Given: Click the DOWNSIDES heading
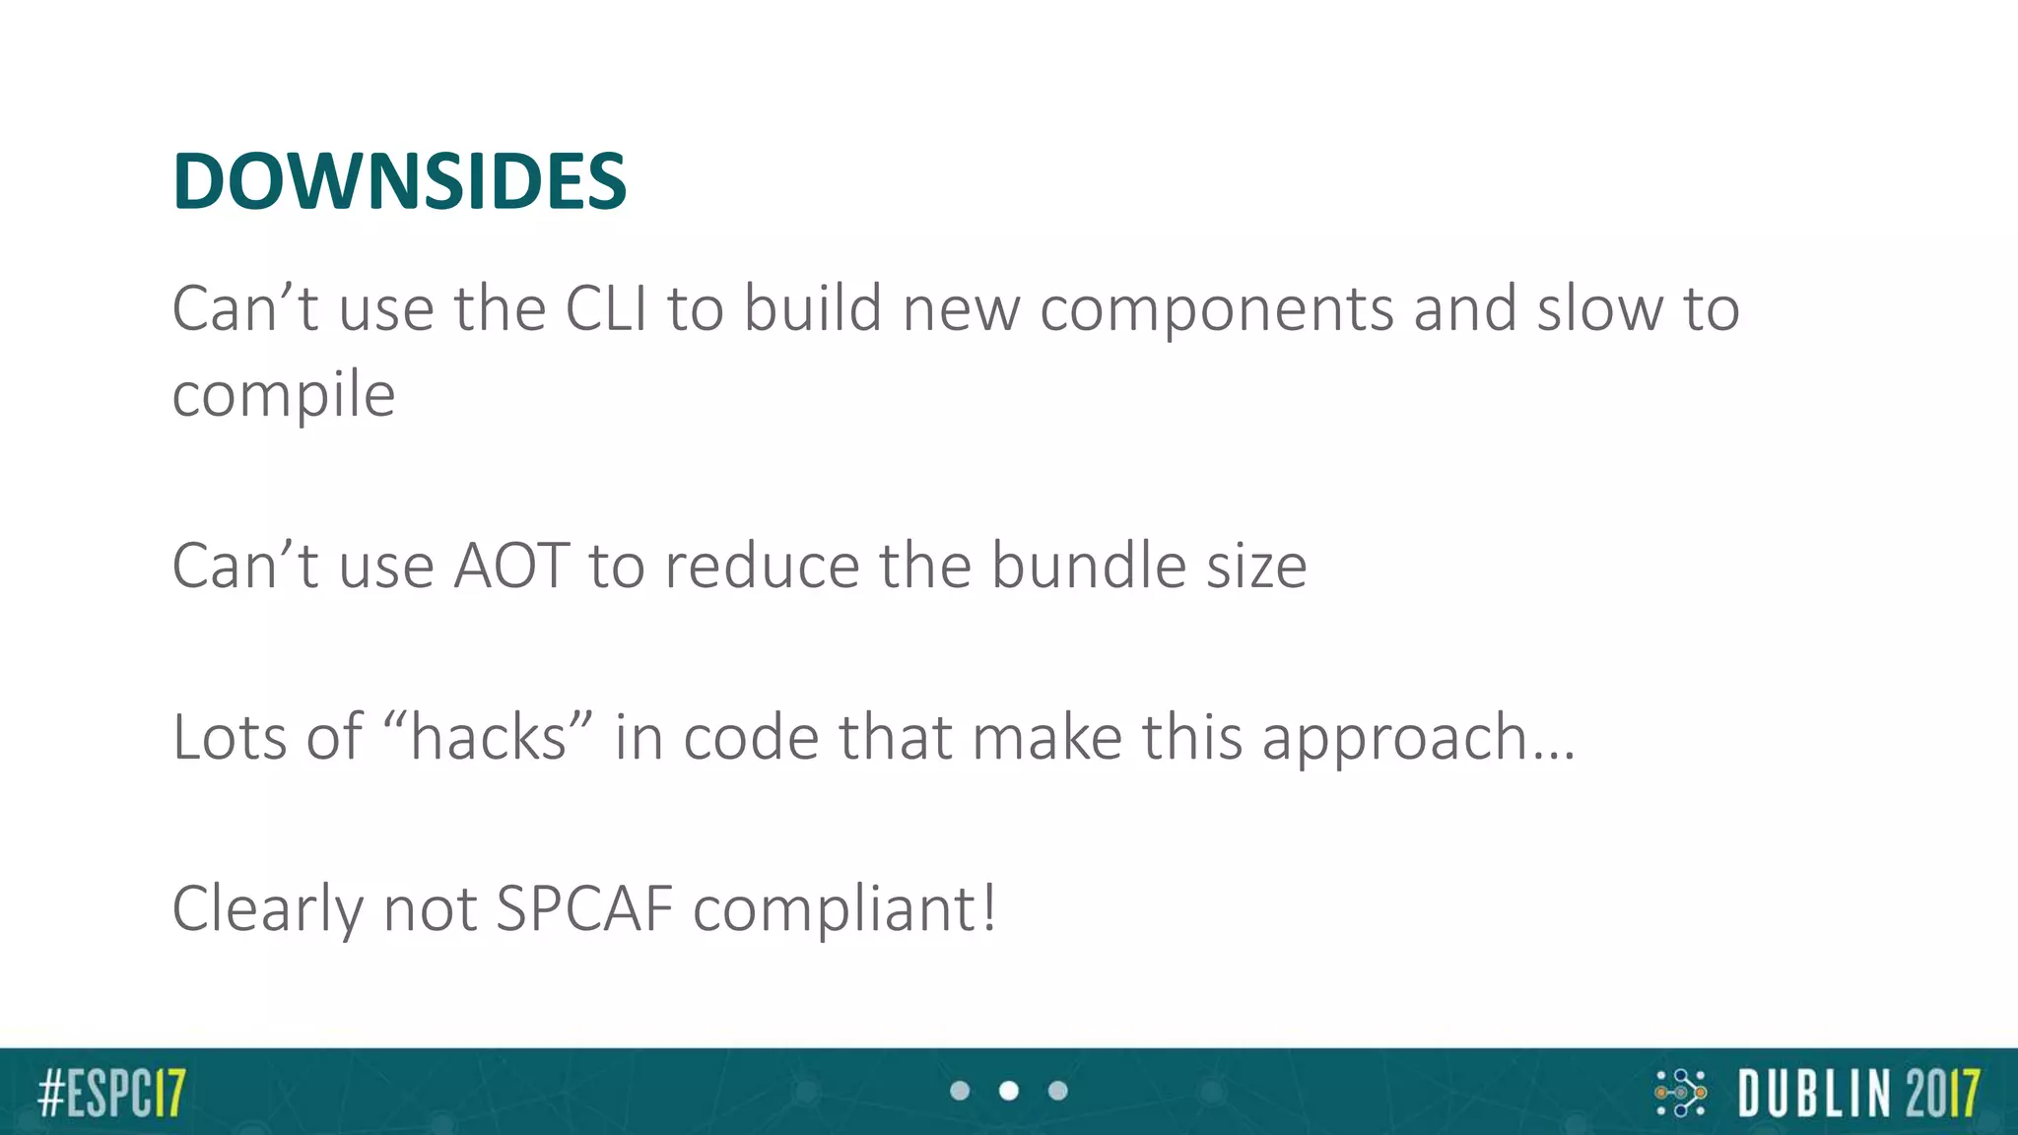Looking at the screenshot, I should pos(399,182).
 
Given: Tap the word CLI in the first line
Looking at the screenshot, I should pos(606,308).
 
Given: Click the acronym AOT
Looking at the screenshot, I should pos(510,567).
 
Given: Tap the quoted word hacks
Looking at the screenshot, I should pos(488,737).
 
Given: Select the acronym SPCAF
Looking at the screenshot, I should pos(584,907).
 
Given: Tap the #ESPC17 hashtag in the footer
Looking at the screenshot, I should pos(111,1093).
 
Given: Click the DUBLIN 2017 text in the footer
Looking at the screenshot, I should pos(1858,1093).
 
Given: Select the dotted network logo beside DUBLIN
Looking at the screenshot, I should pos(1681,1093).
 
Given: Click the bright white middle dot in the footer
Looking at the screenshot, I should pos(1009,1091).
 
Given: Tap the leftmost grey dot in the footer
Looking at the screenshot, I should pos(960,1091).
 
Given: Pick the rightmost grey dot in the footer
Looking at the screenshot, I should pos(1058,1091).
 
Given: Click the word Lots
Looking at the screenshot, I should pos(230,737).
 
